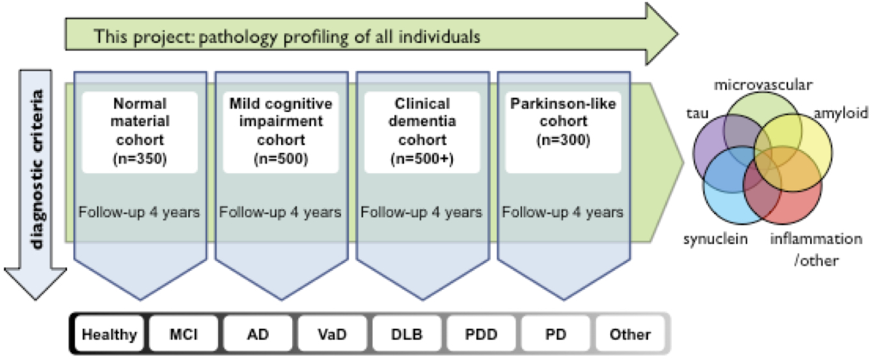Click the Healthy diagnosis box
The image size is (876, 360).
click(x=109, y=334)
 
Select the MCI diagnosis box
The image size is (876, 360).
click(x=184, y=334)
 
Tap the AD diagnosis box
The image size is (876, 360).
click(x=258, y=334)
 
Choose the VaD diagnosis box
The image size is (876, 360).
click(x=333, y=334)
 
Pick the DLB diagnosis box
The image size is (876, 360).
click(x=407, y=334)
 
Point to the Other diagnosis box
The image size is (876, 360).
click(x=630, y=334)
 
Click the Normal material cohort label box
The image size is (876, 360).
click(x=140, y=132)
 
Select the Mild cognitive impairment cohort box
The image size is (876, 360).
click(x=281, y=132)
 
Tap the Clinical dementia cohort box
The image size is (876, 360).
click(x=422, y=132)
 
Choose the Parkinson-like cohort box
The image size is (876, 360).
click(x=564, y=132)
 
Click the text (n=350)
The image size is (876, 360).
click(x=140, y=159)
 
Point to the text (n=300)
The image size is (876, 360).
click(x=564, y=140)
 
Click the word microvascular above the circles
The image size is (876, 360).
click(x=763, y=85)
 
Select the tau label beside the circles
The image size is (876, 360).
click(x=698, y=113)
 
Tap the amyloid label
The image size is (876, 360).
click(x=842, y=113)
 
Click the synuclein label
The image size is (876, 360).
click(x=716, y=239)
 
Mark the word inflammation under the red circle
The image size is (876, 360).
click(x=816, y=239)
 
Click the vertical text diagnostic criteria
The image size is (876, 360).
click(x=37, y=169)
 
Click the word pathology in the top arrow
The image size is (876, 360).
click(x=238, y=38)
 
